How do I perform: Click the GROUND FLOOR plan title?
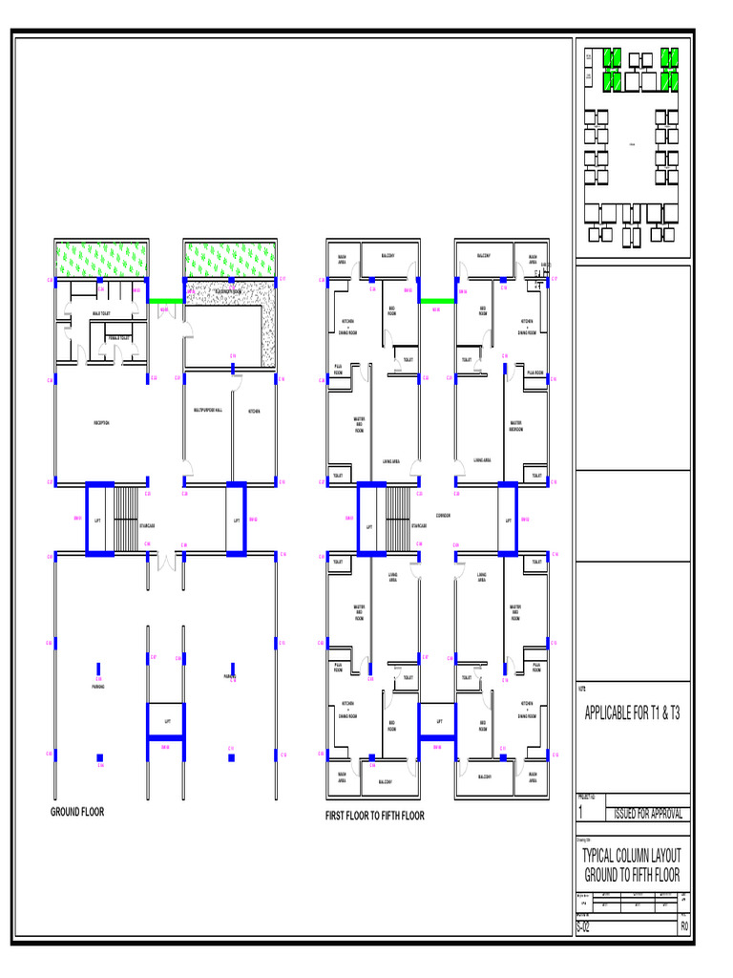(77, 812)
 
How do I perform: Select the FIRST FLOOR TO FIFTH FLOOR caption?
(376, 816)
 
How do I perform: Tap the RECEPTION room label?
(101, 422)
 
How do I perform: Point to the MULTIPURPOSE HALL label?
(207, 410)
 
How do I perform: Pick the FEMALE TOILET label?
(120, 338)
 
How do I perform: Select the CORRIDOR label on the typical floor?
(443, 516)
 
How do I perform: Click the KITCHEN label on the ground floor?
(255, 411)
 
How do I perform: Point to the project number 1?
(581, 812)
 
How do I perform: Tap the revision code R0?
(683, 927)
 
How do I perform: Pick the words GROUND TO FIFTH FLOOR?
(632, 875)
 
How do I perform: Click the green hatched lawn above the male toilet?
(101, 258)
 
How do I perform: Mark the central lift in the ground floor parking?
(168, 721)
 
